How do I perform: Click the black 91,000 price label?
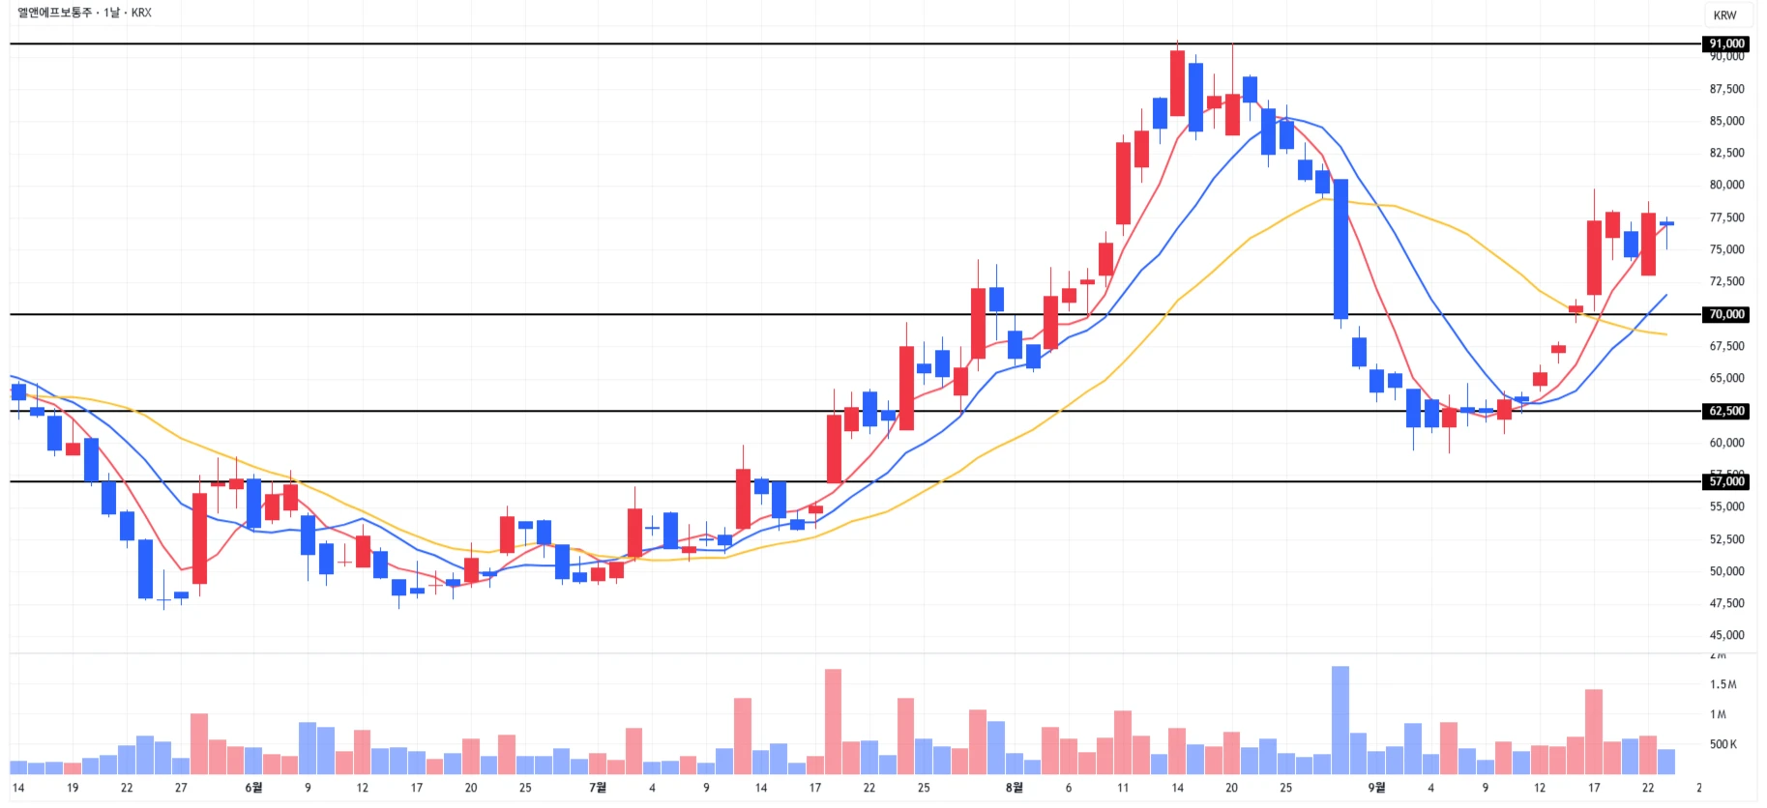pyautogui.click(x=1726, y=43)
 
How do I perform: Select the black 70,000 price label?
pyautogui.click(x=1726, y=314)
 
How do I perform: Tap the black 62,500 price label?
pyautogui.click(x=1726, y=411)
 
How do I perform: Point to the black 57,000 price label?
pyautogui.click(x=1726, y=481)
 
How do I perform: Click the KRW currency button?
pyautogui.click(x=1724, y=15)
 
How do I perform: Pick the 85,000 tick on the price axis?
pyautogui.click(x=1726, y=121)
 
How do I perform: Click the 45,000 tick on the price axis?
pyautogui.click(x=1726, y=635)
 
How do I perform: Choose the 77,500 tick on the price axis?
pyautogui.click(x=1726, y=217)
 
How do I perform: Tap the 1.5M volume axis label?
pyautogui.click(x=1723, y=684)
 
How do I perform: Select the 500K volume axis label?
pyautogui.click(x=1723, y=744)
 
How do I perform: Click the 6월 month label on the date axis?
pyautogui.click(x=253, y=788)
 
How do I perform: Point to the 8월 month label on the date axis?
pyautogui.click(x=1014, y=788)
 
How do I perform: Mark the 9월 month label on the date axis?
pyautogui.click(x=1376, y=788)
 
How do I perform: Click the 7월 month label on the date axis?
pyautogui.click(x=598, y=788)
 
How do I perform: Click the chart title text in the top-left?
pyautogui.click(x=84, y=13)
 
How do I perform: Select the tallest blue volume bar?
pyautogui.click(x=1340, y=720)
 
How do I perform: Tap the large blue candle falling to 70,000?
pyautogui.click(x=1340, y=248)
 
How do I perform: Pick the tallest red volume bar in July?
pyautogui.click(x=833, y=721)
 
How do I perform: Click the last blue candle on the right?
pyautogui.click(x=1666, y=223)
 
